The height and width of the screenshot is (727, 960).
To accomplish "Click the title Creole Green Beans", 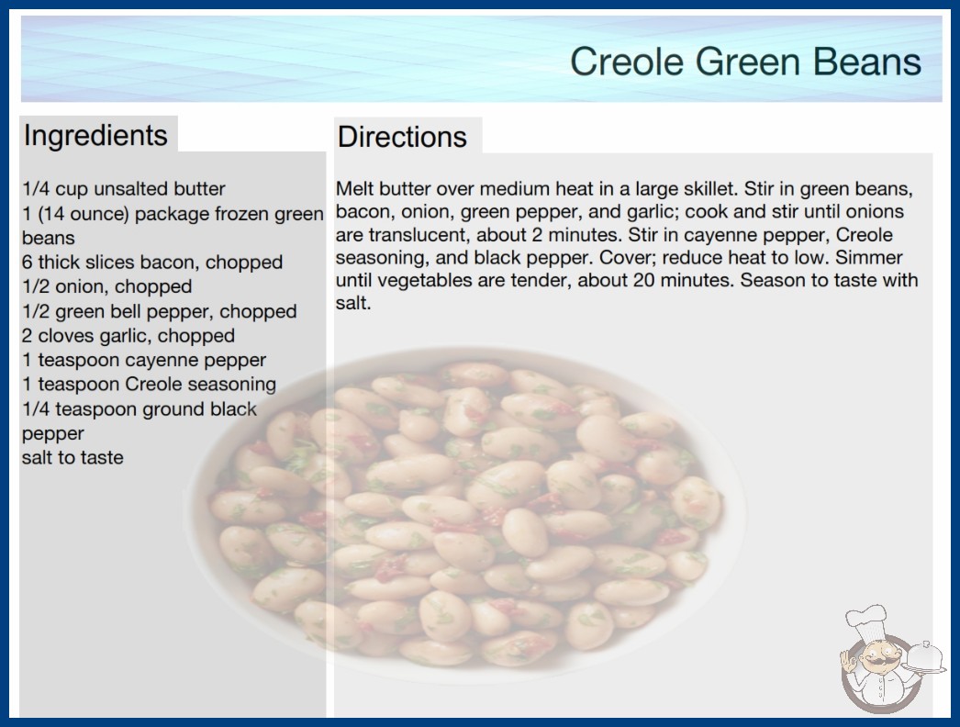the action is pyautogui.click(x=745, y=62).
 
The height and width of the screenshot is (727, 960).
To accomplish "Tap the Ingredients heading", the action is pyautogui.click(x=95, y=135).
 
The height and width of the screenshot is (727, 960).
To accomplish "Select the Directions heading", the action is pyautogui.click(x=402, y=137).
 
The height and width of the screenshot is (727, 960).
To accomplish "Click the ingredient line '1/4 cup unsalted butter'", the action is pyautogui.click(x=124, y=189).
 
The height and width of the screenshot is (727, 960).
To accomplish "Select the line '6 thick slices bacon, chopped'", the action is pyautogui.click(x=152, y=263).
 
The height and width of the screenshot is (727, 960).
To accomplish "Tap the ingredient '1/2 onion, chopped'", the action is pyautogui.click(x=107, y=286).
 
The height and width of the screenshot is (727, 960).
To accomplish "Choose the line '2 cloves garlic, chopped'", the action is pyautogui.click(x=128, y=336).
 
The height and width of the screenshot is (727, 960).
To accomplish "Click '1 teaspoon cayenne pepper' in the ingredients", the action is pyautogui.click(x=144, y=360).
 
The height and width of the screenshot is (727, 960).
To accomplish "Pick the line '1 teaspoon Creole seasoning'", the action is pyautogui.click(x=150, y=384).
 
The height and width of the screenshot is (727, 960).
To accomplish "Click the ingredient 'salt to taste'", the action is pyautogui.click(x=73, y=457).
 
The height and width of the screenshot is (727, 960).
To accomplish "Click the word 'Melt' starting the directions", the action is pyautogui.click(x=354, y=189).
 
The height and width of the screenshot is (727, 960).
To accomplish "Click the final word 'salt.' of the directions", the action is pyautogui.click(x=353, y=303).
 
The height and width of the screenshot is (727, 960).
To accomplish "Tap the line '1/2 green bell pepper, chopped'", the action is pyautogui.click(x=159, y=311).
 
